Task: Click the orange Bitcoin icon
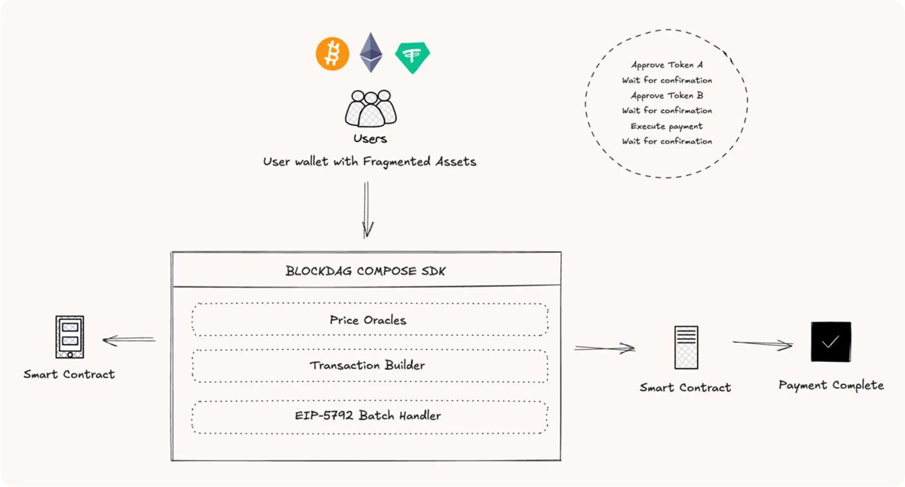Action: point(332,54)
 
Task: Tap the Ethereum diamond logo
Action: point(371,53)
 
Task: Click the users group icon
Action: point(370,108)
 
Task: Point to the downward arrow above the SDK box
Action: point(367,211)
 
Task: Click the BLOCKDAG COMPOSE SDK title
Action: point(365,271)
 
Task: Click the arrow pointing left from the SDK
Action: point(129,340)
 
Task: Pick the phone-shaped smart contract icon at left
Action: point(70,337)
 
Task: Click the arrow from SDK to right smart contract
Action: point(604,348)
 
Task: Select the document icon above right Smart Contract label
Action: point(686,347)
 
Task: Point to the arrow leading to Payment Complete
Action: point(762,344)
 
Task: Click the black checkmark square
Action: point(830,342)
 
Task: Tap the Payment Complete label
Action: point(830,385)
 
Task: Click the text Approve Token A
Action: point(666,65)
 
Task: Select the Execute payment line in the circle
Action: point(666,126)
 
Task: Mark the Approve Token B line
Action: point(666,95)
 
